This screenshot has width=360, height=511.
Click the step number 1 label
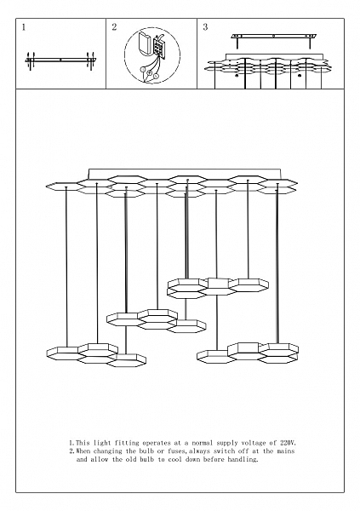click(x=24, y=28)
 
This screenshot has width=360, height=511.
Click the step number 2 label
click(x=114, y=27)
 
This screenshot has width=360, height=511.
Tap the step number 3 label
click(x=205, y=27)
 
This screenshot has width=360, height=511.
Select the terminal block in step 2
click(x=159, y=47)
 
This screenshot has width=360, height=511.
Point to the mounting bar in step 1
click(x=60, y=60)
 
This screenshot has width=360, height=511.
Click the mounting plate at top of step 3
click(x=274, y=36)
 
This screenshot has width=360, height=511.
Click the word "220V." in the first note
click(x=289, y=443)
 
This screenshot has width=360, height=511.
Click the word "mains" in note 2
click(x=286, y=451)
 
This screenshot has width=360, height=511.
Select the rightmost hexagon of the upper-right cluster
click(x=249, y=284)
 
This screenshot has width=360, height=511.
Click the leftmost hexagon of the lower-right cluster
click(x=216, y=357)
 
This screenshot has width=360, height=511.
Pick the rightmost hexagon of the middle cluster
click(x=186, y=326)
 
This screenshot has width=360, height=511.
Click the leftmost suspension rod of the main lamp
click(x=66, y=267)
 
